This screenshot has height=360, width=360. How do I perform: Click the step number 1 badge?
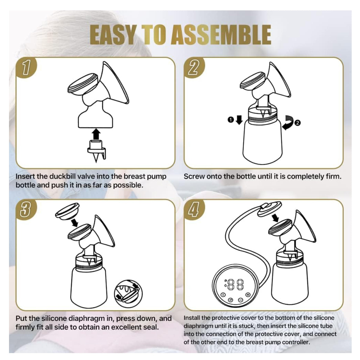tap(26, 67)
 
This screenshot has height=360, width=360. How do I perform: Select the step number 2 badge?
tap(194, 67)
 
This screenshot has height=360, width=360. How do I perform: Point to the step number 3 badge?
tap(26, 210)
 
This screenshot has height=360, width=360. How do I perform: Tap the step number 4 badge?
tap(194, 210)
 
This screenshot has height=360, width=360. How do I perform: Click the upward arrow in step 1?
tap(96, 134)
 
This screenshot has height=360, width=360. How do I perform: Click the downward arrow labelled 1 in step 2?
tap(239, 120)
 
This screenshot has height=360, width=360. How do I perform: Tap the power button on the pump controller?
tap(223, 295)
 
